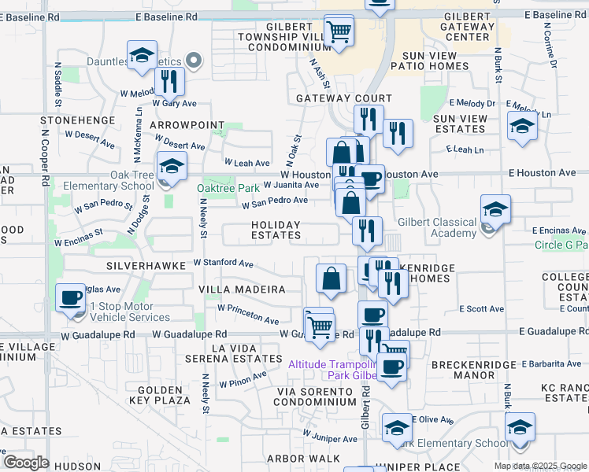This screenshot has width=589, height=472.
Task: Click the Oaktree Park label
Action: (228, 188)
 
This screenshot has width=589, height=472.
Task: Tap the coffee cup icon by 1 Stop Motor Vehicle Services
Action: (72, 297)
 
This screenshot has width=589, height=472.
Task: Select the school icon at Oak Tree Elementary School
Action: (169, 166)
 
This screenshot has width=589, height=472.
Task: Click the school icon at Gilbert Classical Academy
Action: (495, 209)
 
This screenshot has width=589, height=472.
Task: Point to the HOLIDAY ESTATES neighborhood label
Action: (276, 230)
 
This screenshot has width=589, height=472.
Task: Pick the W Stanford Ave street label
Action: (224, 263)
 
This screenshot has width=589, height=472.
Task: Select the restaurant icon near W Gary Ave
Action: (170, 80)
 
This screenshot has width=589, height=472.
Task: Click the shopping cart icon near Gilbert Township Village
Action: (339, 31)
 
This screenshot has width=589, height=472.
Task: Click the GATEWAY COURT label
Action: (344, 98)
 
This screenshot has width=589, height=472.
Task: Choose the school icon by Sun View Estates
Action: (522, 126)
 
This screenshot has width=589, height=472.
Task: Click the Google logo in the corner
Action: (27, 463)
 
